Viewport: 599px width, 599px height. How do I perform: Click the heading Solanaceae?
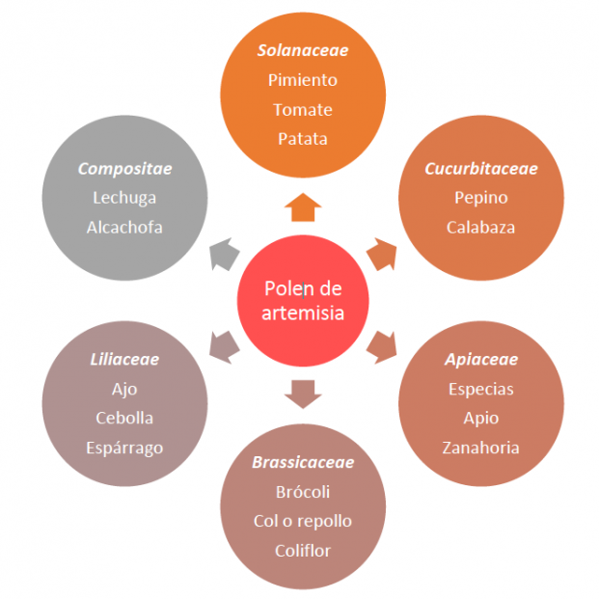click(x=303, y=50)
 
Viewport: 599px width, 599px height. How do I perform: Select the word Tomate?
click(x=303, y=109)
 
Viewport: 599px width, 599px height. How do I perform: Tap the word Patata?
click(x=303, y=138)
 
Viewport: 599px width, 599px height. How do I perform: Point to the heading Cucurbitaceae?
click(x=481, y=169)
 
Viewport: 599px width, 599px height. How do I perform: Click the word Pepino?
click(x=481, y=198)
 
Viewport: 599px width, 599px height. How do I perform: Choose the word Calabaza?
click(x=481, y=228)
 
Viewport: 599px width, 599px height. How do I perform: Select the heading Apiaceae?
click(x=481, y=360)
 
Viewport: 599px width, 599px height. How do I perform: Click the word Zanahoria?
click(x=481, y=448)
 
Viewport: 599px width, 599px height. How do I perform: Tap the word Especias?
click(x=481, y=389)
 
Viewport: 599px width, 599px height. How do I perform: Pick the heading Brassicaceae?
click(x=303, y=462)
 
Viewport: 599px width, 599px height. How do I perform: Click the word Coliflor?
click(x=303, y=551)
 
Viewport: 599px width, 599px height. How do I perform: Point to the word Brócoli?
click(x=303, y=492)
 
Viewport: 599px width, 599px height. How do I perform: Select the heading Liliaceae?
click(x=124, y=360)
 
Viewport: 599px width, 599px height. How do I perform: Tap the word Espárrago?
click(x=124, y=448)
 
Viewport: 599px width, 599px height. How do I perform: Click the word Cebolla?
click(x=124, y=419)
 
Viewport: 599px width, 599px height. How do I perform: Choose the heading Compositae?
click(x=124, y=169)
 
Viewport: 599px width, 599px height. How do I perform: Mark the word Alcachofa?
click(x=124, y=228)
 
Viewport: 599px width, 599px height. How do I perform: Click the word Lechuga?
click(x=124, y=198)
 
